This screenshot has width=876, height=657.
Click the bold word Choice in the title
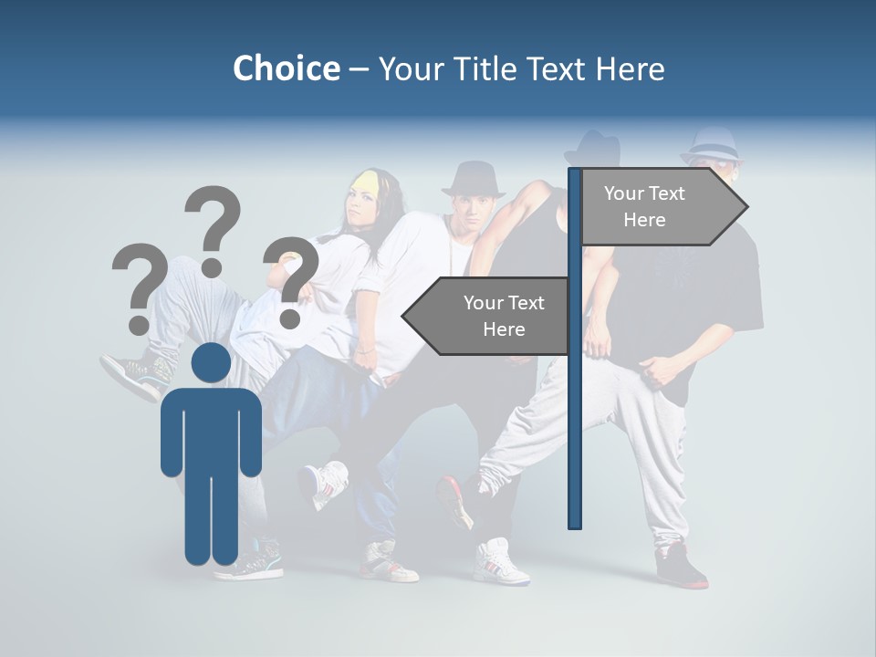[x=286, y=68]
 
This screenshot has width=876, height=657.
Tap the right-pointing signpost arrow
[x=662, y=207]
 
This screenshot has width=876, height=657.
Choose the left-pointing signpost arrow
[x=488, y=317]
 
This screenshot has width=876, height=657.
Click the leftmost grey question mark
[x=140, y=287]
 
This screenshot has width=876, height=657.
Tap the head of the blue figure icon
[x=211, y=362]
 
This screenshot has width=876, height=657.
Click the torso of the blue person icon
[x=211, y=429]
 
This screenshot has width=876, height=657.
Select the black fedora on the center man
[x=473, y=179]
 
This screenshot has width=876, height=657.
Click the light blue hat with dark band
[x=713, y=146]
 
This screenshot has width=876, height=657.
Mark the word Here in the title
[x=629, y=68]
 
